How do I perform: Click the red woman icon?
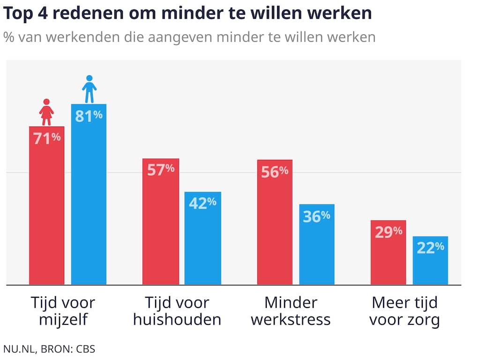pos(46,112)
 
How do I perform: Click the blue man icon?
pos(89,89)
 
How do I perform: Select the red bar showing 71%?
pos(46,211)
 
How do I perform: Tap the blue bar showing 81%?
pos(89,202)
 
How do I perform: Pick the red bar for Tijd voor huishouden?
pos(161,225)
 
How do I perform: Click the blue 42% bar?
pos(202,244)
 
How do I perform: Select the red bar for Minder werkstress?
pos(275,225)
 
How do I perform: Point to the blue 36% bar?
pos(317,248)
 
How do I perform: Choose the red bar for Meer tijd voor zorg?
pos(388,255)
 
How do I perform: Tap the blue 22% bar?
pos(430,262)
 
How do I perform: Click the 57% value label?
pos(161,170)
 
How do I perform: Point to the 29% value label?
pos(388,232)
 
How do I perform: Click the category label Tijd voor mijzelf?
pos(63,311)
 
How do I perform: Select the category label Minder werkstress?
pos(291,311)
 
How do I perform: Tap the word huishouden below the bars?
pos(177,320)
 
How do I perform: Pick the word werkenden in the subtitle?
pos(79,37)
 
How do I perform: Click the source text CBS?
pos(86,349)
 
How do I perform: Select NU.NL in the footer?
pos(18,349)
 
